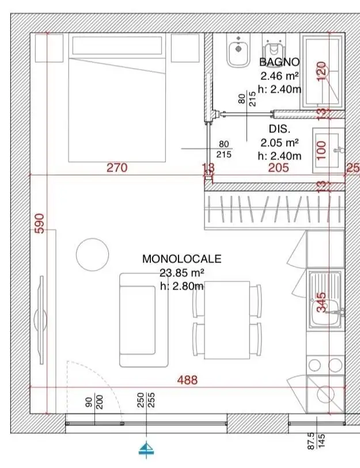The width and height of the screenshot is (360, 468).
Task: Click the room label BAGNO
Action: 279,62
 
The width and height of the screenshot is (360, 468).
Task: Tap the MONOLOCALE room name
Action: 181,260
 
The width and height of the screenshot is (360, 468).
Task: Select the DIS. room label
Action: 279,129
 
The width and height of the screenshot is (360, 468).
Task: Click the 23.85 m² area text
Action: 181,273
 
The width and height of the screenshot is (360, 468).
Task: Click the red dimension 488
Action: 187,380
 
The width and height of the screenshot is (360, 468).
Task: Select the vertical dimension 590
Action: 39,222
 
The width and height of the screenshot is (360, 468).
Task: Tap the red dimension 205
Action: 278,168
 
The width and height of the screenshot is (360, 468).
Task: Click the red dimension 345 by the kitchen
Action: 321,302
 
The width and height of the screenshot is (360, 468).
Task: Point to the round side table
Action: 92,254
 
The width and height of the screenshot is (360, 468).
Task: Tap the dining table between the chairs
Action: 226,320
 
